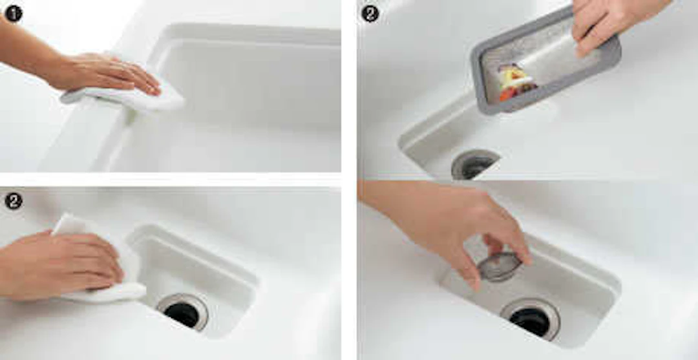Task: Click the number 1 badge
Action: point(14,14)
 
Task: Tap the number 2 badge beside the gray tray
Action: point(370,14)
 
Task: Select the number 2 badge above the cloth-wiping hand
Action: point(14,201)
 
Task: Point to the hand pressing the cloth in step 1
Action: point(107,74)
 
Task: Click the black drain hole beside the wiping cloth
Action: point(181,314)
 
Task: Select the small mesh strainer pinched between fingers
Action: point(498,266)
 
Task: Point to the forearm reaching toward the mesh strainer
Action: point(392,200)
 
